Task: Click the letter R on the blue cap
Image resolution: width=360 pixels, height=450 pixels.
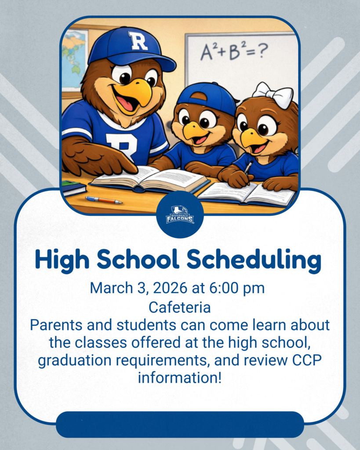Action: pyautogui.click(x=138, y=41)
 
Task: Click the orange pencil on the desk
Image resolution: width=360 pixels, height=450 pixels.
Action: pyautogui.click(x=104, y=200)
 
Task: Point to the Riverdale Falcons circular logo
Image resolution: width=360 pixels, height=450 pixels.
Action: pyautogui.click(x=180, y=214)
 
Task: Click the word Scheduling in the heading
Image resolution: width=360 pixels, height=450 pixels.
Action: pyautogui.click(x=254, y=260)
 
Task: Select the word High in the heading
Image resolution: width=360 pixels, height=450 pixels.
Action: pyautogui.click(x=62, y=260)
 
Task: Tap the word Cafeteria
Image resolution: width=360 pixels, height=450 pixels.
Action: pyautogui.click(x=180, y=307)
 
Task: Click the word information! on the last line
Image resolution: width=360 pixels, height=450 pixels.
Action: pyautogui.click(x=180, y=377)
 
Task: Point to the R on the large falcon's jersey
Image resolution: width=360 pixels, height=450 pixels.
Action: pyautogui.click(x=121, y=145)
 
